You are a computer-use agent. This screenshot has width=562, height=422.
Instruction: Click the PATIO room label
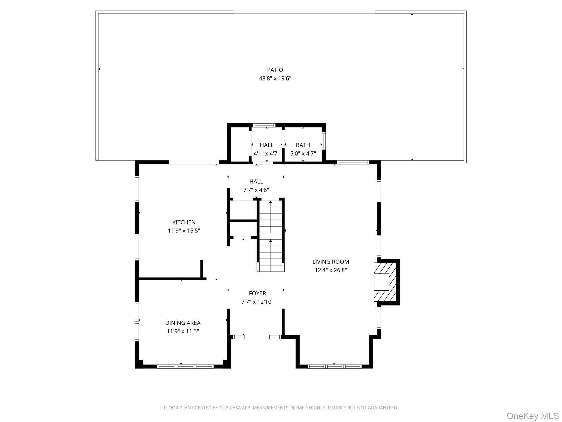(275, 70)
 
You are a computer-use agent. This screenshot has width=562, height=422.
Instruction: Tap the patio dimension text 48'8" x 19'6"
(275, 79)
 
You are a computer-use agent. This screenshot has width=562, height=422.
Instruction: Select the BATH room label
(303, 145)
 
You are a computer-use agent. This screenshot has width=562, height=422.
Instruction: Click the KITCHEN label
(184, 222)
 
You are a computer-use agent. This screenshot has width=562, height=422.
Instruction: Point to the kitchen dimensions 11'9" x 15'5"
(184, 231)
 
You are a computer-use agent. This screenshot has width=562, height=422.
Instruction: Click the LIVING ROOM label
(331, 262)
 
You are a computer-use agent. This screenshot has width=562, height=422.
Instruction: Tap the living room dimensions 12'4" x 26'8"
(331, 270)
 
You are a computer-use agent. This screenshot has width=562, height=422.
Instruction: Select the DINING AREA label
(183, 323)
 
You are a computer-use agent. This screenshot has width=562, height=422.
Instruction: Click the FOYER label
(257, 293)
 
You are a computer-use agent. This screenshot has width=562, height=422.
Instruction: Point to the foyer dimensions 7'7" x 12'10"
(257, 302)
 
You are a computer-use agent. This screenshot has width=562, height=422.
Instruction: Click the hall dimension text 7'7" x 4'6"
(256, 190)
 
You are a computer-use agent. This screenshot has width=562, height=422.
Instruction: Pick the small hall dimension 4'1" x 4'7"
(266, 154)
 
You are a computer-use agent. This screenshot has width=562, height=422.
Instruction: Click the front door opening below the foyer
(257, 337)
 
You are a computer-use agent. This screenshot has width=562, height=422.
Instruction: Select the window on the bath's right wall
(324, 141)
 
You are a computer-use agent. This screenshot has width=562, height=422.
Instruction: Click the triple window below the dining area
(186, 366)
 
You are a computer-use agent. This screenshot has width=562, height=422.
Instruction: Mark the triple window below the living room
(335, 366)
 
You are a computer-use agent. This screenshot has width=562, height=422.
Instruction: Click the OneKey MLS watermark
(533, 416)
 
